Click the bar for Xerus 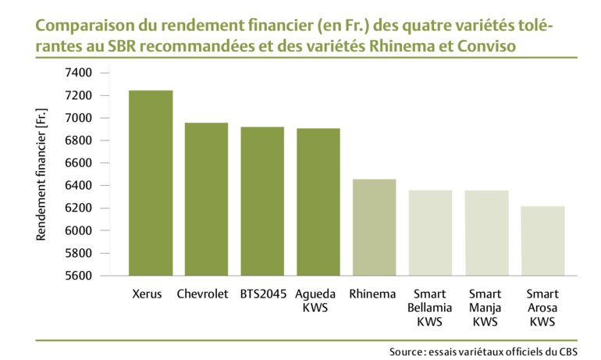coord(151,183)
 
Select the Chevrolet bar coord(206,199)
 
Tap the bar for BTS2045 coord(262,201)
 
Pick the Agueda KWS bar coord(318,201)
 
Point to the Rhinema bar coord(374,227)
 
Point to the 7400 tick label coord(78,73)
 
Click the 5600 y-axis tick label coord(78,276)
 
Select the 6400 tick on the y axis coord(78,186)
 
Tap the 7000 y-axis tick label coord(78,118)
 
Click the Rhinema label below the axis coord(373,294)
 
